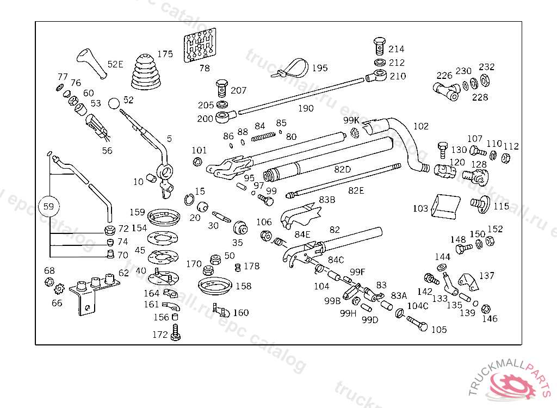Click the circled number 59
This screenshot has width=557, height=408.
point(49,207)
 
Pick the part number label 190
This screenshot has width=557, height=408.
point(306,108)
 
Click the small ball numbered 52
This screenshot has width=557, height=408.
point(114,103)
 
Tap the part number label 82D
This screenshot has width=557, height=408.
point(342,169)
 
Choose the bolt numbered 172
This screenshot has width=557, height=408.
point(175,332)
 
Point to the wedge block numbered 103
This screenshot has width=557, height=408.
point(444,207)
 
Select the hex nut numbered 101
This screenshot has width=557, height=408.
point(198,162)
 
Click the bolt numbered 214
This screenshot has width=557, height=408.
point(380,44)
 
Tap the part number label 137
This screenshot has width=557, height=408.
point(486,276)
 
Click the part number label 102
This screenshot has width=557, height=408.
point(421,127)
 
